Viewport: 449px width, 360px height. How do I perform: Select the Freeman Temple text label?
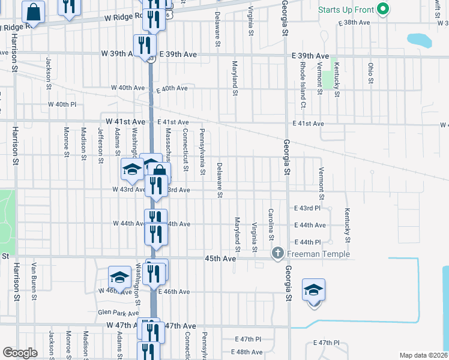click(318, 254)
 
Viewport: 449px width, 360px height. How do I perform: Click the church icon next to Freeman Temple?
click(278, 254)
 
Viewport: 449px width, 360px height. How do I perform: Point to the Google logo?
click(20, 353)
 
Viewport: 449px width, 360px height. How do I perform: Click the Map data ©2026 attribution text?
click(424, 355)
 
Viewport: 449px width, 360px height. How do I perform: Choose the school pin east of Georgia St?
click(313, 291)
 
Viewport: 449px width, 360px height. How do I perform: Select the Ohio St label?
click(370, 73)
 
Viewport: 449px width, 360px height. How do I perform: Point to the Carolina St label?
click(271, 221)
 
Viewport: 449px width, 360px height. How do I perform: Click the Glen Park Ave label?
click(118, 313)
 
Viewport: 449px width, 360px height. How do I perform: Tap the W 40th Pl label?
click(62, 104)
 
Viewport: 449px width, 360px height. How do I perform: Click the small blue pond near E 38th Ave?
click(419, 40)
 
